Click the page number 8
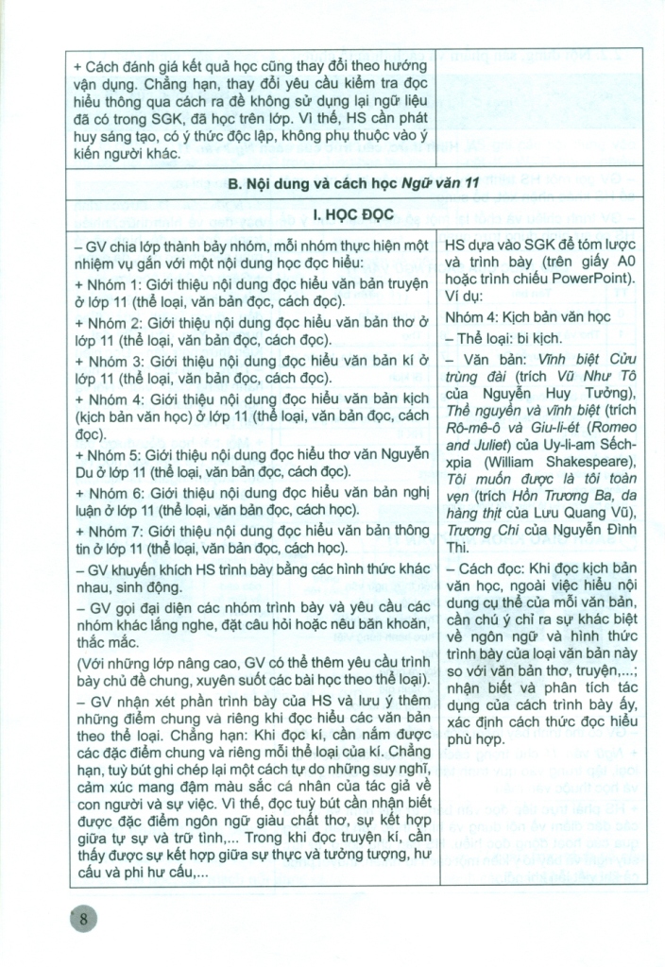(85, 920)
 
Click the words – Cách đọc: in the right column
(488, 571)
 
